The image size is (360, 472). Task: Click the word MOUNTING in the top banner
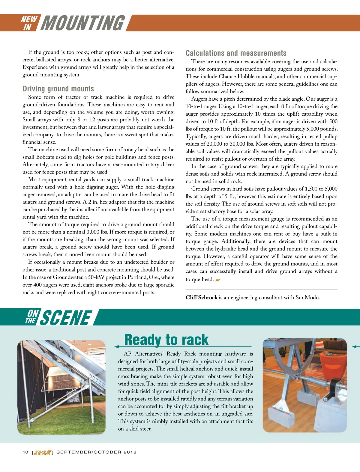[82, 23]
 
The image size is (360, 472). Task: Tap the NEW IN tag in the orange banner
[29, 23]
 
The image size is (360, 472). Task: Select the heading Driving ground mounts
[58, 89]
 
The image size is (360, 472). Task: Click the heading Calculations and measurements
[236, 53]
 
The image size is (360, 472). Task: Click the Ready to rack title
[166, 340]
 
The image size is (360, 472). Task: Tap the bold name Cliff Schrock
[201, 298]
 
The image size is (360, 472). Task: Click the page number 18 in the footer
[25, 452]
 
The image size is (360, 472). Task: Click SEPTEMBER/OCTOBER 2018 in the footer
[96, 452]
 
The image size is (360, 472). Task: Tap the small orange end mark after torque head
[218, 280]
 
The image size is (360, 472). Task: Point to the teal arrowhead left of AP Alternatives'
[117, 347]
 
